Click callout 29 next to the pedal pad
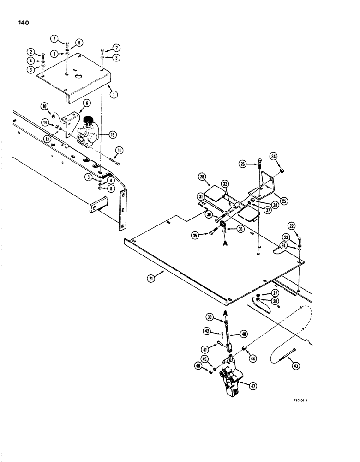tap(202, 177)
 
